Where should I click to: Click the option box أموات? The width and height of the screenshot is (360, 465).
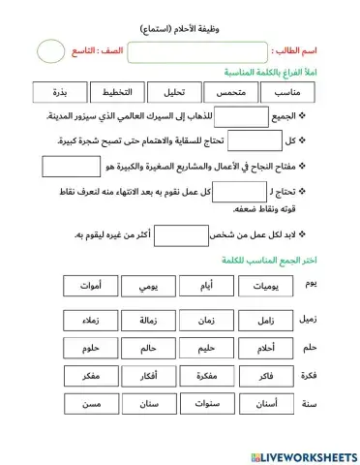(x=90, y=286)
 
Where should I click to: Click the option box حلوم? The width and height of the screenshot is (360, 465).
(x=90, y=347)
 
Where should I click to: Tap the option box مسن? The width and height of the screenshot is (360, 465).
(x=90, y=403)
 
